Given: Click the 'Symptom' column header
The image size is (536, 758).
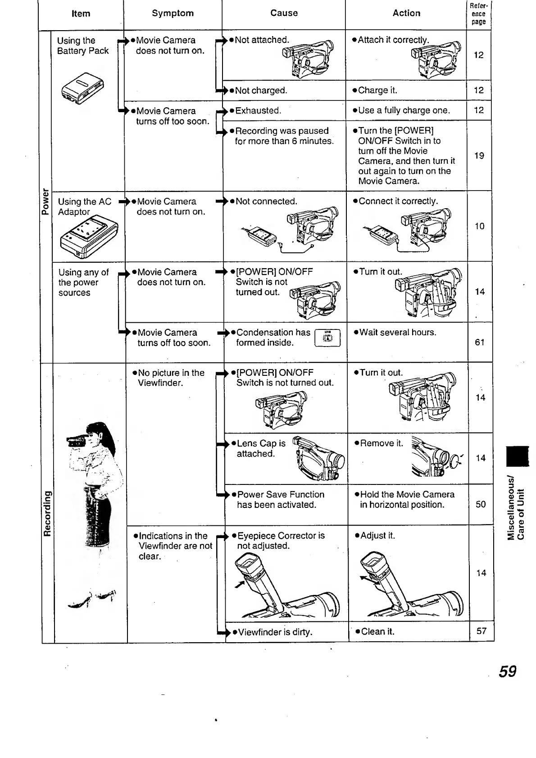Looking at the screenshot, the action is (x=173, y=13).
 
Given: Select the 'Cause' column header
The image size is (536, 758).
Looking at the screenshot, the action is (x=284, y=13).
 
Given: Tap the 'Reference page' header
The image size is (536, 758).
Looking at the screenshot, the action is (x=478, y=14).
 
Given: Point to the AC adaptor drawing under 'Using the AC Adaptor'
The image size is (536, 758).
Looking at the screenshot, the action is (x=89, y=237).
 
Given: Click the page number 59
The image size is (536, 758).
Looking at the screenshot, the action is (x=507, y=671).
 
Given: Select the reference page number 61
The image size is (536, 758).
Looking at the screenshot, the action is (x=480, y=342).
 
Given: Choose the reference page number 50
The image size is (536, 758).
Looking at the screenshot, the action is (x=481, y=504).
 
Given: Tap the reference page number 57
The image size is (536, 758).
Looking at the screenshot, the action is (x=481, y=631).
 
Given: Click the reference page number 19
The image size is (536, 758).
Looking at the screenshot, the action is (x=479, y=155).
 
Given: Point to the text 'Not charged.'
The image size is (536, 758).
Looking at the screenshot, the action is (x=261, y=91).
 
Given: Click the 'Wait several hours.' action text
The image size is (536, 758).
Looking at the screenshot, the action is (x=398, y=333).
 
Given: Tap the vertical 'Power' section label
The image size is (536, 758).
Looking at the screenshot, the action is (x=45, y=201).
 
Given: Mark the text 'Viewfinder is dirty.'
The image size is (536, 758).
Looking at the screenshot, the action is (x=275, y=632).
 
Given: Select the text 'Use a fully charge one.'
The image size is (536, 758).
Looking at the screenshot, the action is (x=404, y=110).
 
